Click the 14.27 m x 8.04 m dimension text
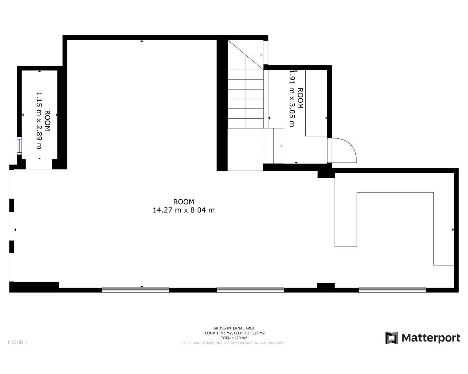(184, 210)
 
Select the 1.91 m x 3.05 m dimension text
(292, 98)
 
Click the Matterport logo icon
(392, 338)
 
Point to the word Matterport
(431, 338)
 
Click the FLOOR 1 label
(18, 342)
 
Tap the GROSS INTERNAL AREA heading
(234, 328)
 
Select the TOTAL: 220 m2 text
(234, 338)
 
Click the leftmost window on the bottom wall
(135, 290)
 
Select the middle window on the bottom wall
(250, 290)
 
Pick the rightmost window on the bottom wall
(392, 290)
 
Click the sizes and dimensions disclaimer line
(234, 343)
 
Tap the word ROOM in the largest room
(184, 202)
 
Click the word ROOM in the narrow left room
(48, 121)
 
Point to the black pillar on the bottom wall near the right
(325, 285)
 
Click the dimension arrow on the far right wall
(453, 230)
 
